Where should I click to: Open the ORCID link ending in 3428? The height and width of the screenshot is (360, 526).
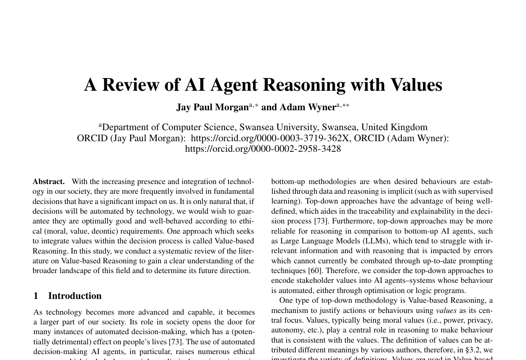point(263,149)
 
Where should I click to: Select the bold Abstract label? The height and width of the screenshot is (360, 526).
point(48,181)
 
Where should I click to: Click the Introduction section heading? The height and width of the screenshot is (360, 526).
point(75,296)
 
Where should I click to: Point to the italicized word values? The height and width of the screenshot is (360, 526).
point(446,310)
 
